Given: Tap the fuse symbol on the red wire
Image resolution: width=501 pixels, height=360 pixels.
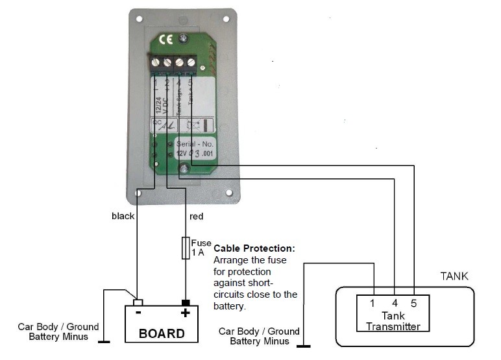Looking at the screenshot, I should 186,247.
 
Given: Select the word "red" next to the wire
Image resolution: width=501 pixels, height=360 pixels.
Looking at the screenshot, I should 197,216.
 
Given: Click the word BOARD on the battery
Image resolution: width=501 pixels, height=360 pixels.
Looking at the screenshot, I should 162,333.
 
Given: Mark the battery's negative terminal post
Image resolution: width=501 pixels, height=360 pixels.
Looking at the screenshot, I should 138,302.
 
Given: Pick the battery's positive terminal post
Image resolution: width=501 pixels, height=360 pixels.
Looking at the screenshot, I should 186,302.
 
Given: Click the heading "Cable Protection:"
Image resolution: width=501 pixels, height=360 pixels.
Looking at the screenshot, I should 254,248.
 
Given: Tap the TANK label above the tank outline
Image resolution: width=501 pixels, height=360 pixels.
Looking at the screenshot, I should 454,276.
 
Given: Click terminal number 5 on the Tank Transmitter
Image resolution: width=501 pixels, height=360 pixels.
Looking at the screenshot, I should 414,304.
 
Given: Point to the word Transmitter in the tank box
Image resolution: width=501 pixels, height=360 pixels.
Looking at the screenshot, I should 393,326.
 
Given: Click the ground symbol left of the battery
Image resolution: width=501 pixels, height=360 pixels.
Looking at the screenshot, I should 103,341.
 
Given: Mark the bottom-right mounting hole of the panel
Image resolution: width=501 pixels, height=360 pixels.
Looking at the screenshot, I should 229,193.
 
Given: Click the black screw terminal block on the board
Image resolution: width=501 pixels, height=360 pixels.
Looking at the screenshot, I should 173,63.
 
